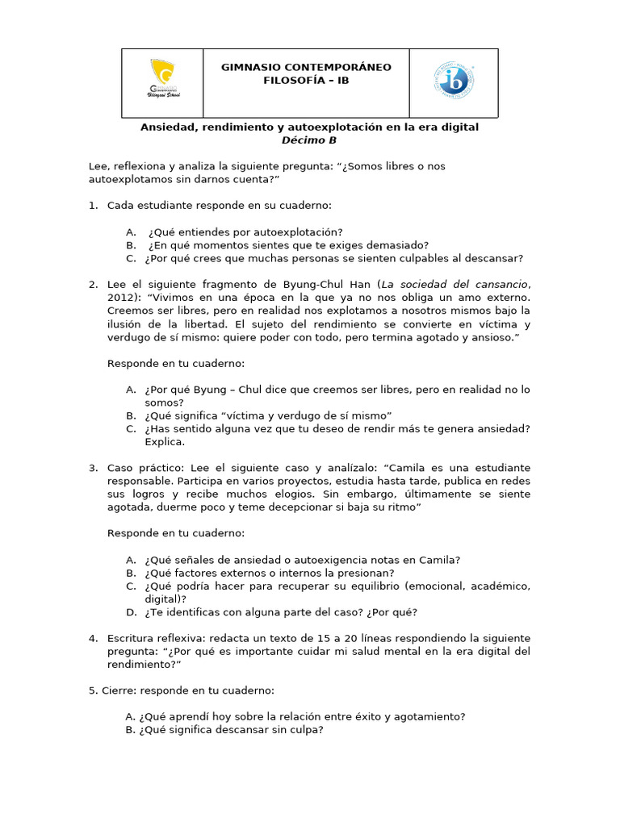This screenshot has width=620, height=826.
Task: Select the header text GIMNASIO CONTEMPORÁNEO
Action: pos(306,67)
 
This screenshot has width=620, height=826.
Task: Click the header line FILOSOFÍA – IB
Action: pos(306,80)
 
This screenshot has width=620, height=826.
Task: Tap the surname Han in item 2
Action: pos(363,284)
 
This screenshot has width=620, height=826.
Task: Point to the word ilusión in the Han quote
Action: pos(125,323)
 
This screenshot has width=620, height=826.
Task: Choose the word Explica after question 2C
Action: pos(165,441)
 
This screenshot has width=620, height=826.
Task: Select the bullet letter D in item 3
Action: pos(130,611)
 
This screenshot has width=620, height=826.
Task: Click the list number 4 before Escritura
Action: pos(93,638)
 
